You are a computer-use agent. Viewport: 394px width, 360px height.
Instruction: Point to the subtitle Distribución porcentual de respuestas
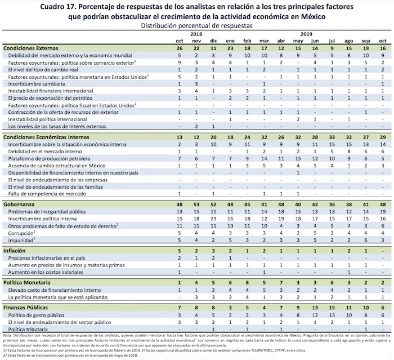click(196, 26)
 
